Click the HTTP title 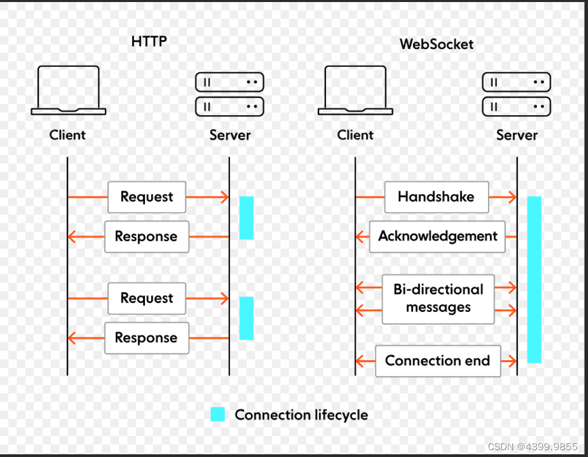click(x=149, y=42)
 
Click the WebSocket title click(x=436, y=45)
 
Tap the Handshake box click(x=436, y=198)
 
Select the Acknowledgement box click(x=438, y=236)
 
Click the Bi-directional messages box click(x=438, y=298)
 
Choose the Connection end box click(x=438, y=360)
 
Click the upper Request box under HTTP click(x=146, y=198)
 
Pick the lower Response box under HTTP click(x=146, y=338)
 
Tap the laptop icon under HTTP click(x=68, y=90)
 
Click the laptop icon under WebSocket click(x=355, y=90)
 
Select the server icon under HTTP click(x=229, y=94)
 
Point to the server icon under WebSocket click(x=517, y=94)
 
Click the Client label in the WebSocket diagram click(x=355, y=135)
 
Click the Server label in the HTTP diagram click(x=230, y=135)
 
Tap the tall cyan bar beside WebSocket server click(x=534, y=279)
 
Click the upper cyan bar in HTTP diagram click(x=246, y=218)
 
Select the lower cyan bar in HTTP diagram click(x=246, y=318)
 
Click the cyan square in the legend click(x=217, y=414)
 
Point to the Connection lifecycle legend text click(x=301, y=414)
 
